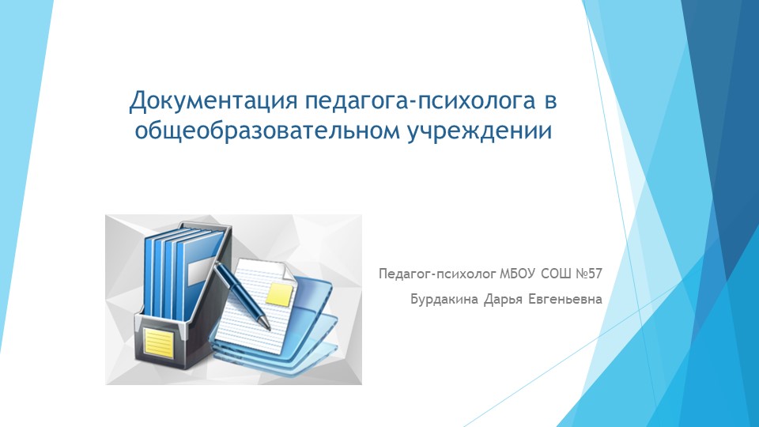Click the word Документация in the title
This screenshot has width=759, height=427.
click(x=213, y=100)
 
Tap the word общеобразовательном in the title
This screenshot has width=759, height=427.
click(x=267, y=130)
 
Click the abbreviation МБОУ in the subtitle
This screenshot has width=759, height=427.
click(x=517, y=274)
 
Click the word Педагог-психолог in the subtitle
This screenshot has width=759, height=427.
click(x=437, y=274)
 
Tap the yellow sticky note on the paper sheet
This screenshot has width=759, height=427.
click(x=280, y=294)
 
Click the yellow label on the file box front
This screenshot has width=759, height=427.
click(x=158, y=342)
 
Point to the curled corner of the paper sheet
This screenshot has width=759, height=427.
click(x=286, y=271)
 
